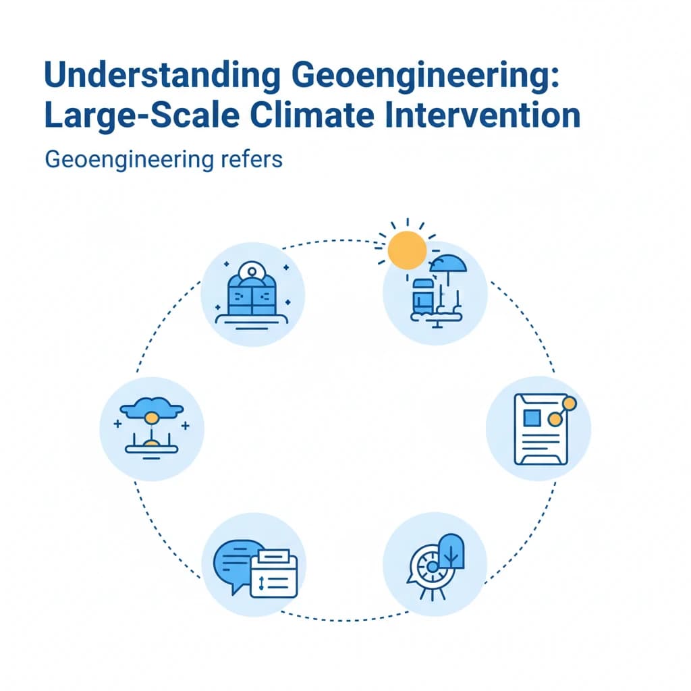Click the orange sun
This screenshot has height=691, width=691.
click(x=408, y=249)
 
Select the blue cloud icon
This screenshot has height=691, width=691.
click(x=152, y=408)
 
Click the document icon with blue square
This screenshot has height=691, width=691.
click(x=541, y=429)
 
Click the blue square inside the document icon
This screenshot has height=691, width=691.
click(x=532, y=418)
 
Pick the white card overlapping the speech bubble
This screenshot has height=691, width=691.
click(x=273, y=574)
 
